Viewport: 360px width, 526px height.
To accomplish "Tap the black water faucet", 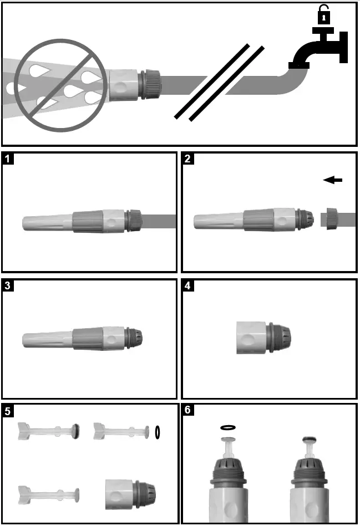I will click(316, 50).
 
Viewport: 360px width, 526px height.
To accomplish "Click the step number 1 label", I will click(8, 159).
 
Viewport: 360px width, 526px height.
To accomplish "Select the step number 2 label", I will click(188, 159).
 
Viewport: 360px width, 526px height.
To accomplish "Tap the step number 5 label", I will click(8, 411).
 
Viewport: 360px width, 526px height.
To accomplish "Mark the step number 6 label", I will click(188, 411).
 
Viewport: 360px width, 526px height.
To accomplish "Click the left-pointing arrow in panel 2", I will click(333, 180).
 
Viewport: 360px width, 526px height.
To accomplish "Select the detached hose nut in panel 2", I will click(331, 218).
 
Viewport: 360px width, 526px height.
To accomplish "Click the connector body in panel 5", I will click(130, 491).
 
